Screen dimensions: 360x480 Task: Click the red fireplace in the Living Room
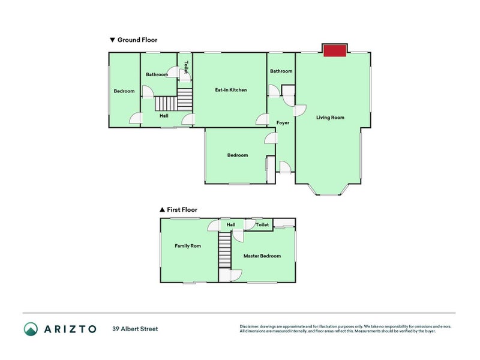[x=335, y=51]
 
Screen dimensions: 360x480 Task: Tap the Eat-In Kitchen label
[x=231, y=90]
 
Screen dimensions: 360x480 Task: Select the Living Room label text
[x=330, y=118]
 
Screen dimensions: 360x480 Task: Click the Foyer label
[x=283, y=123]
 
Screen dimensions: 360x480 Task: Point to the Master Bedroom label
[x=262, y=256]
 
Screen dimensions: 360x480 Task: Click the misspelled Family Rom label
[x=187, y=246]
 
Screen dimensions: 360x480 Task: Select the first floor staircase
[x=224, y=250]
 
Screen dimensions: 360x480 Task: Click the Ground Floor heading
[x=137, y=40]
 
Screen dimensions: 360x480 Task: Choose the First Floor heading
[x=182, y=210]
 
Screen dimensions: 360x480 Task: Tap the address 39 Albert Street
[x=135, y=329]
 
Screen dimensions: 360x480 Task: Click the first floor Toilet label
[x=262, y=225]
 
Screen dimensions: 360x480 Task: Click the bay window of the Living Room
[x=328, y=191]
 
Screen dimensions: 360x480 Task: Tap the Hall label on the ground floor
[x=164, y=116]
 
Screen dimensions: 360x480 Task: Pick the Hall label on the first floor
[x=230, y=225]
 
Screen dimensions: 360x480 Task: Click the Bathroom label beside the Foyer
[x=281, y=71]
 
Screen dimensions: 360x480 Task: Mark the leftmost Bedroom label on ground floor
[x=124, y=91]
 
